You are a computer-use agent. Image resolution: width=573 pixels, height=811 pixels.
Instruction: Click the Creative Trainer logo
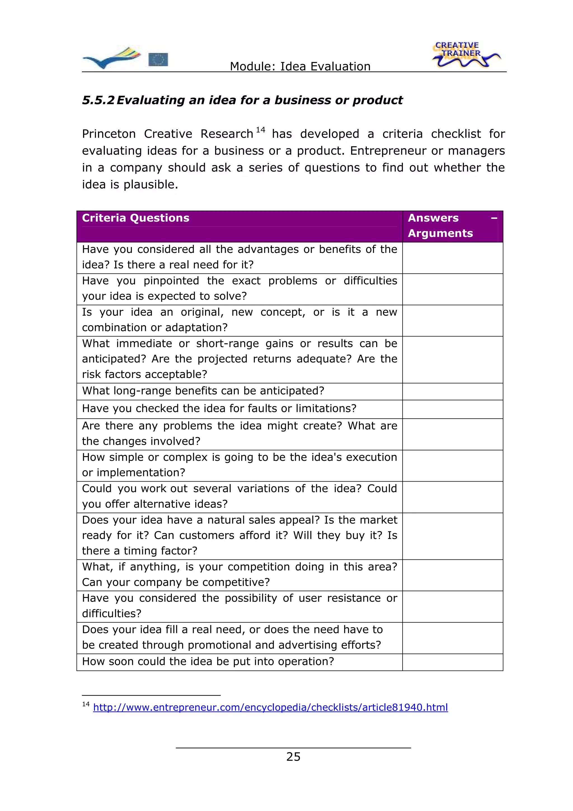(x=465, y=55)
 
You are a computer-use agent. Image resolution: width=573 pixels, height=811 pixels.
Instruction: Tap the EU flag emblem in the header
(x=158, y=59)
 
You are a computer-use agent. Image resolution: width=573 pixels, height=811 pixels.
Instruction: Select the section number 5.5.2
(x=98, y=100)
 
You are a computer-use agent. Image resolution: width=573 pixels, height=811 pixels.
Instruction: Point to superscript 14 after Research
(x=260, y=130)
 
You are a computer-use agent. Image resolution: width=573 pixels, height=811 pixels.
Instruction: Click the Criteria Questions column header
(x=136, y=218)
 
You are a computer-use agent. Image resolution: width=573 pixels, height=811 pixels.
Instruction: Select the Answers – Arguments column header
(x=452, y=226)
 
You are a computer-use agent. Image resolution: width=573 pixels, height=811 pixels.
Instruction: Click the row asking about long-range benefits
(x=203, y=391)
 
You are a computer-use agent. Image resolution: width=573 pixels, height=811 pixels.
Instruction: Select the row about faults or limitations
(x=219, y=409)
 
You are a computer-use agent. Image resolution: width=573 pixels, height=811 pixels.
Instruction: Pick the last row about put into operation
(x=208, y=662)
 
